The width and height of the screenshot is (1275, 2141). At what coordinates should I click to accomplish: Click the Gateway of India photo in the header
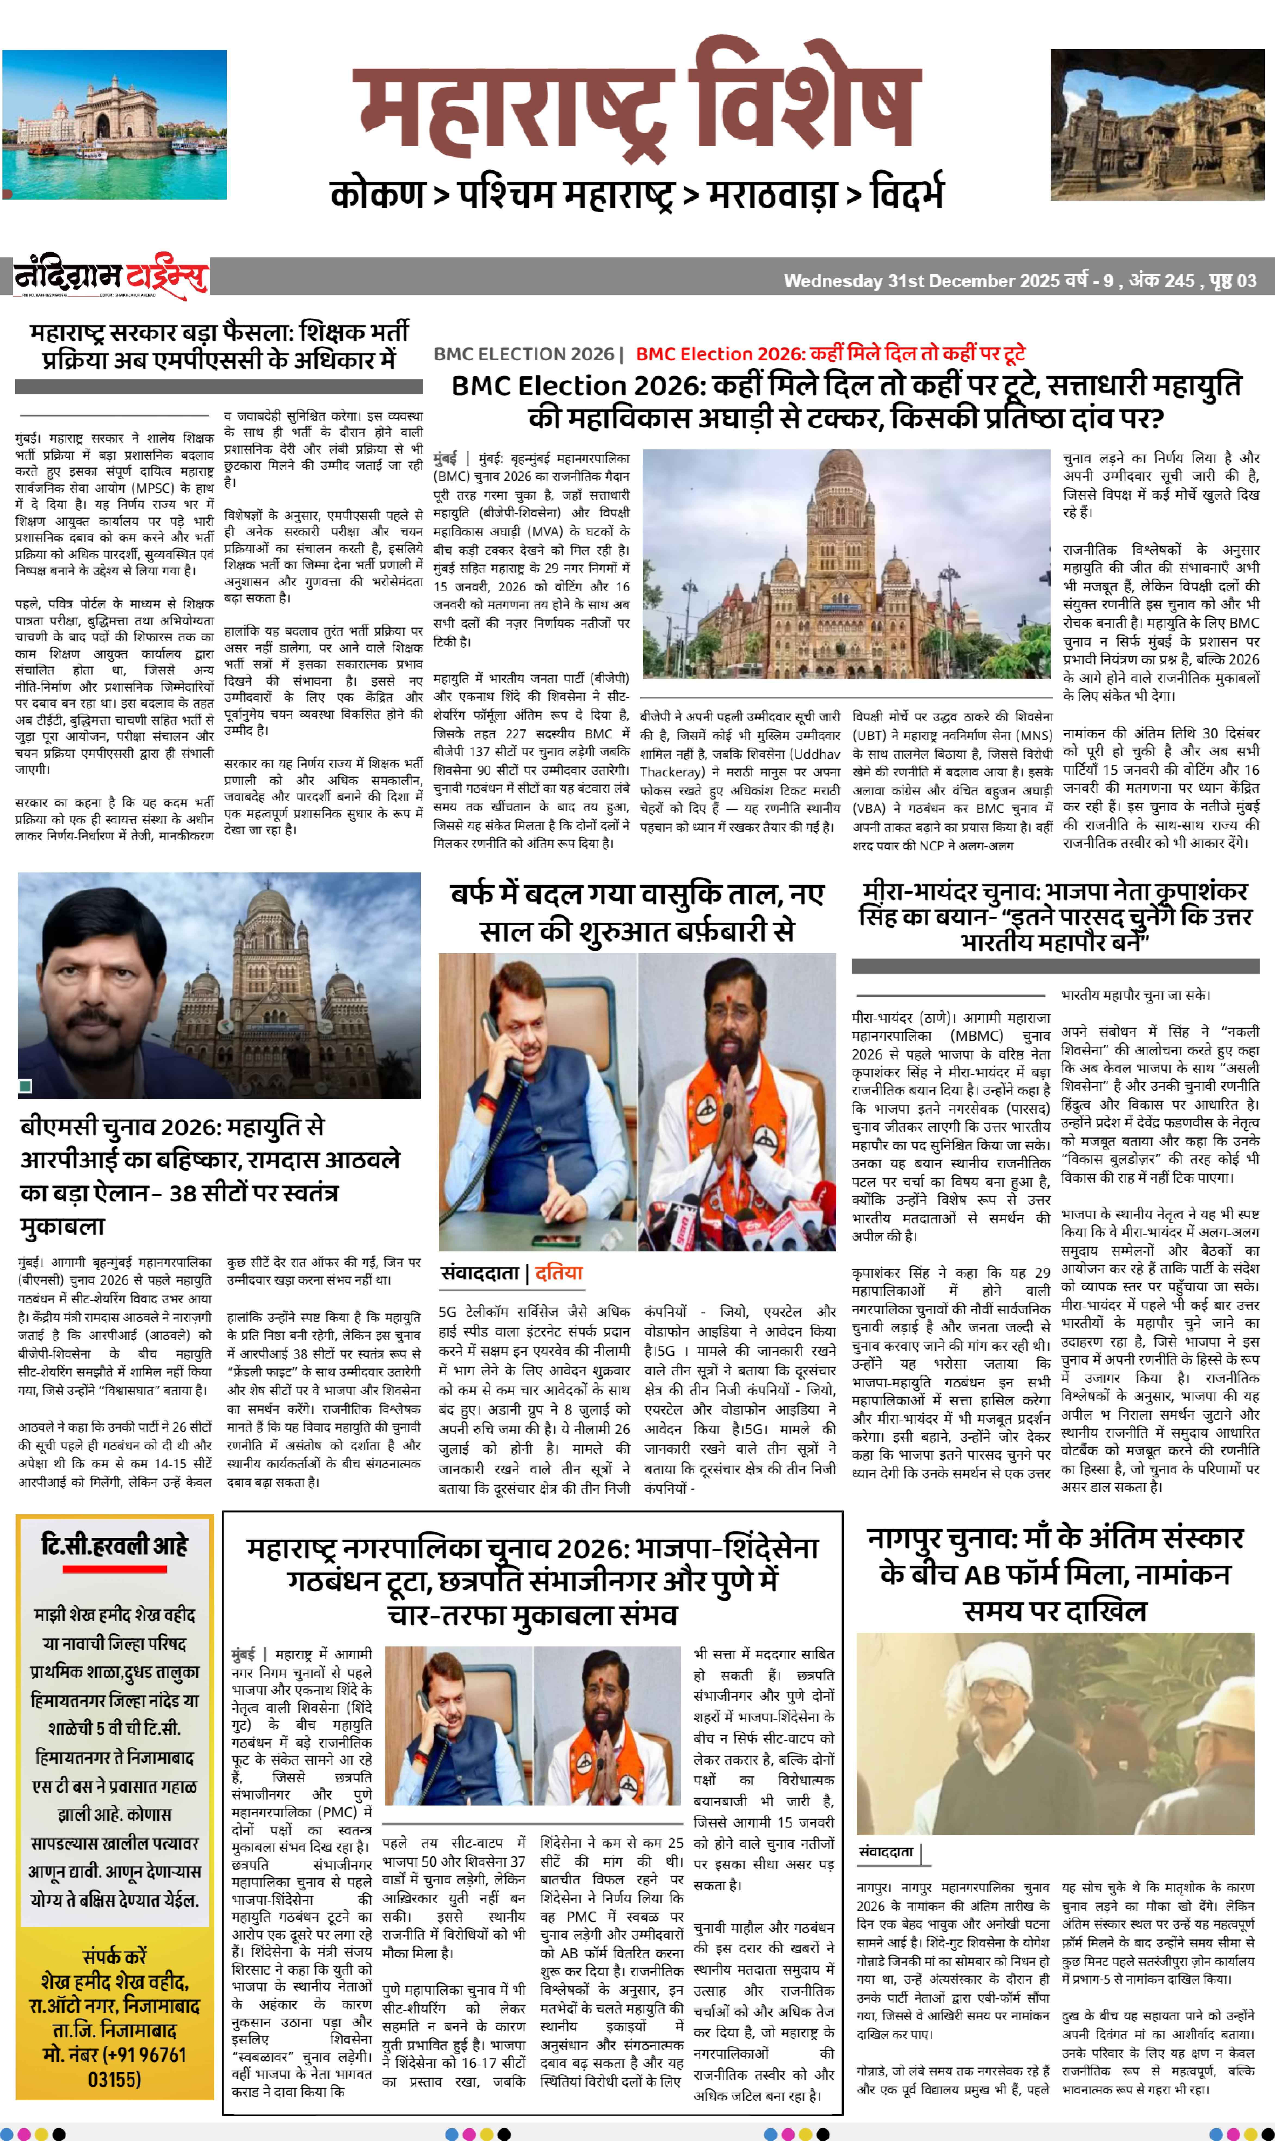pos(114,125)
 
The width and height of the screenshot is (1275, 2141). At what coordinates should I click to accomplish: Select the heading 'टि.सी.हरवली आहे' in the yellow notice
pos(114,1546)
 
